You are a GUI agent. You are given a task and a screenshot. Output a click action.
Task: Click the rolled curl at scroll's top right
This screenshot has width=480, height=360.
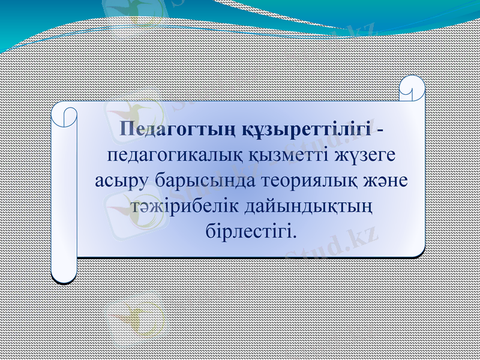tap(413, 88)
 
